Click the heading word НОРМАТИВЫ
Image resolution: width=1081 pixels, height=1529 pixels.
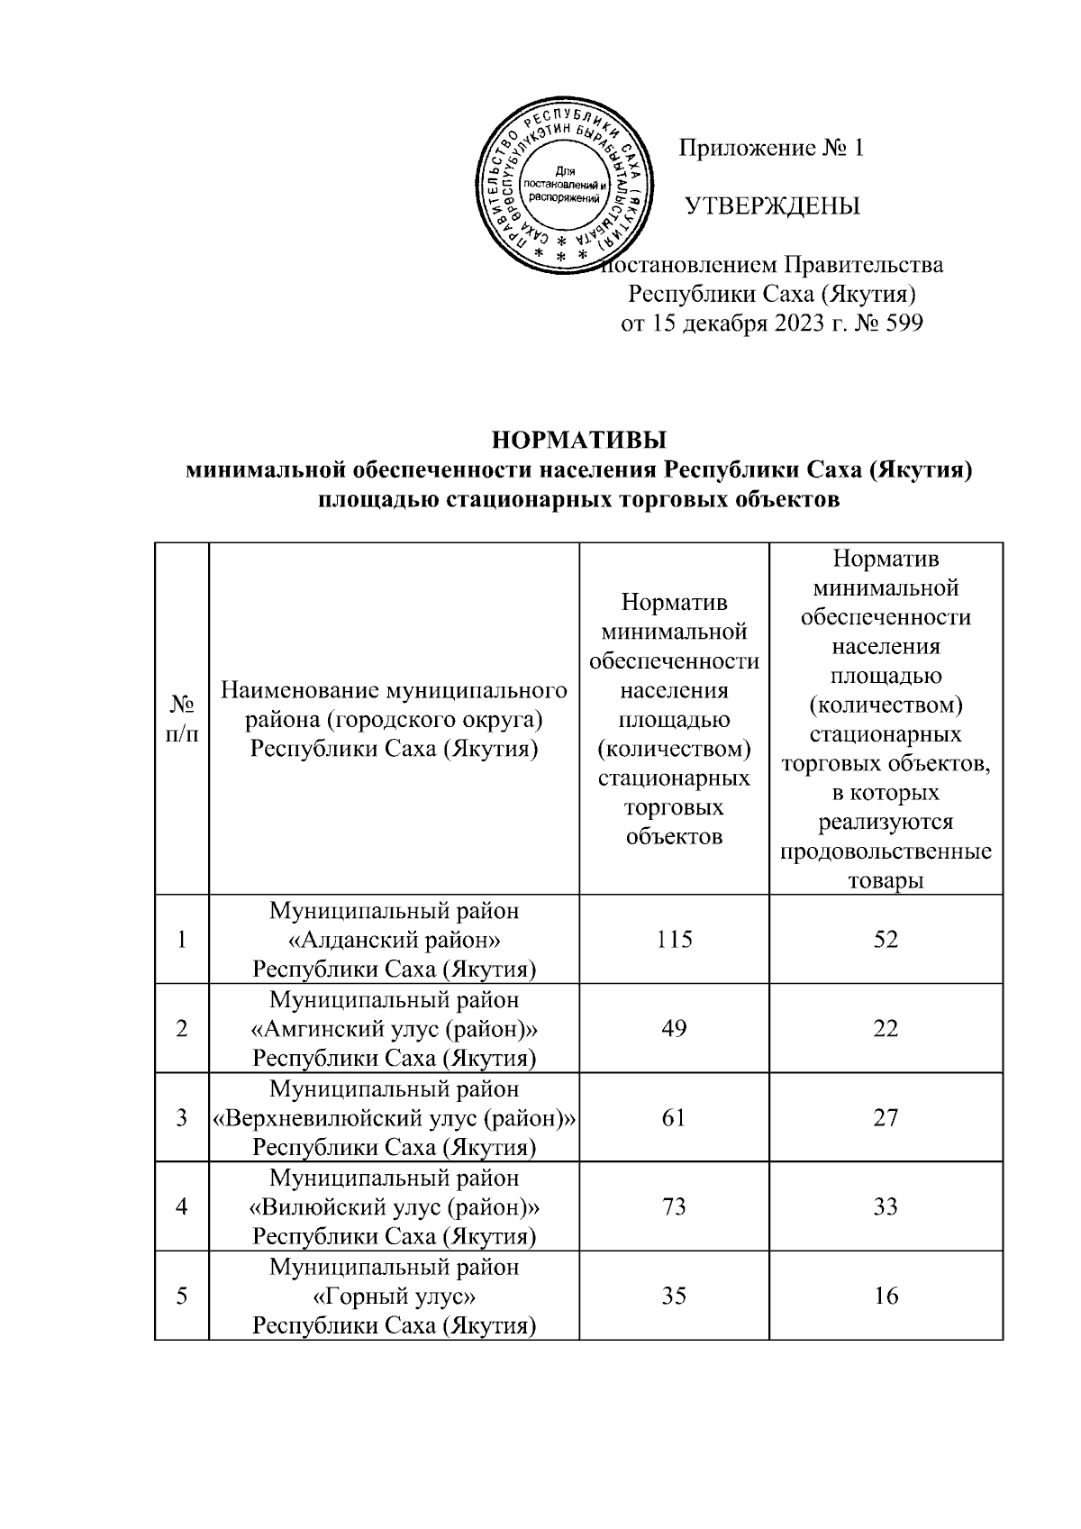pos(579,441)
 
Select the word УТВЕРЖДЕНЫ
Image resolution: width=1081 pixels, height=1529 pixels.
pos(773,206)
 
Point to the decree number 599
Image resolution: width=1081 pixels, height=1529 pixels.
pos(904,323)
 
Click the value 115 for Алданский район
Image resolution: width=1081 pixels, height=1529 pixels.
pos(674,940)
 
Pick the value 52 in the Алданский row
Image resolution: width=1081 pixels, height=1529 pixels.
pos(886,940)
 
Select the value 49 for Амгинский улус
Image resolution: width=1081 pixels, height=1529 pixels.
pos(674,1028)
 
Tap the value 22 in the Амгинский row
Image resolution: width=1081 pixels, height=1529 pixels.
pos(886,1028)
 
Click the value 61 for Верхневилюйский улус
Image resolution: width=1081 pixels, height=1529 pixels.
pos(674,1117)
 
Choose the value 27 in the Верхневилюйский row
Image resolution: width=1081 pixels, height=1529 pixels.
pos(886,1117)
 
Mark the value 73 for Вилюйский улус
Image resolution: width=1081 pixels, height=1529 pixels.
pos(674,1206)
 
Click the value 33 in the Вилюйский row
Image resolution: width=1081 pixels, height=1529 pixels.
pos(886,1206)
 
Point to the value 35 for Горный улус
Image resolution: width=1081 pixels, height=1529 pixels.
pos(674,1296)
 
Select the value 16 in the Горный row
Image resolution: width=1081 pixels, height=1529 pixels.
pos(886,1296)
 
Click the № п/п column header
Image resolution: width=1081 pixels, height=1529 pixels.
pos(182,719)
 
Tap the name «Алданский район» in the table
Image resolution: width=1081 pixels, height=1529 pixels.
pos(395,941)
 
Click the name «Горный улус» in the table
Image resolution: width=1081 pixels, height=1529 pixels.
pos(395,1297)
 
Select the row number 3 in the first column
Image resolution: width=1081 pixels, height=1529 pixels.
pos(182,1117)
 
